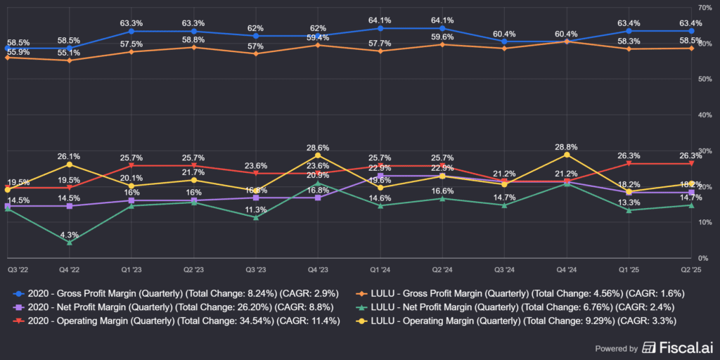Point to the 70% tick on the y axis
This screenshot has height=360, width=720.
[705, 7]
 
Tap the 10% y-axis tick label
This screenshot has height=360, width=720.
[705, 222]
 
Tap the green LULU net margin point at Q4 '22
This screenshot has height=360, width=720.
[69, 243]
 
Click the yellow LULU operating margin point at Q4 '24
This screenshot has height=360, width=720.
[567, 154]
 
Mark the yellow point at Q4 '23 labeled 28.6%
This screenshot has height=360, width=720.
[318, 155]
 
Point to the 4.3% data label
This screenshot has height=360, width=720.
[69, 234]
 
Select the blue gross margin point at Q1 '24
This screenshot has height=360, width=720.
[380, 28]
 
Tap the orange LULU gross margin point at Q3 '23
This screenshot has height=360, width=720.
[256, 53]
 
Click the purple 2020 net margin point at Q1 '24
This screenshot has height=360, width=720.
[380, 176]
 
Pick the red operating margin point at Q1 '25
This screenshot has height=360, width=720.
[629, 163]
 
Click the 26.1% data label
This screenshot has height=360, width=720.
[69, 155]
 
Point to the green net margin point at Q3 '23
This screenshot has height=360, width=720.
[256, 217]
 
